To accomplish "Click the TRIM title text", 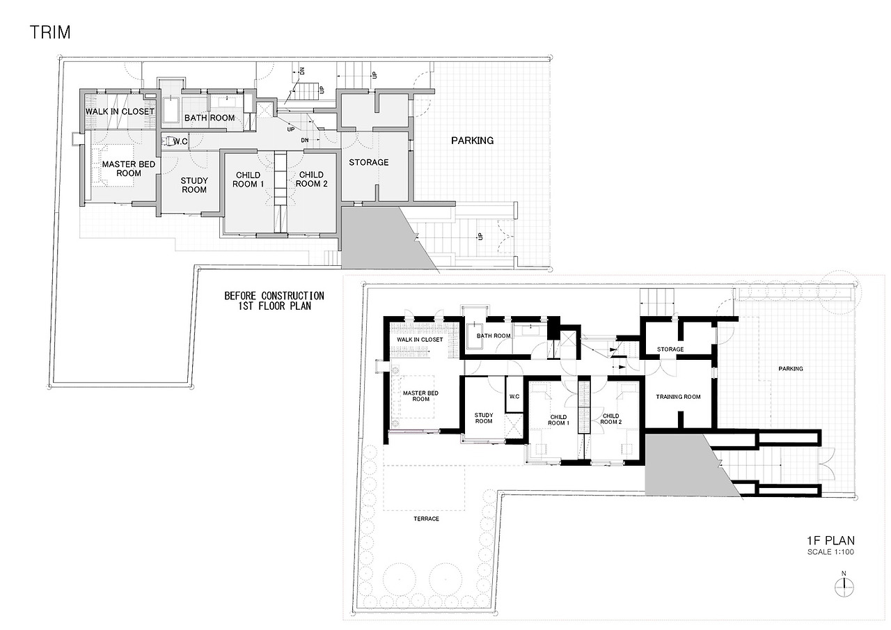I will coord(50,32).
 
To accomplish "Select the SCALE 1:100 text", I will coord(830,551).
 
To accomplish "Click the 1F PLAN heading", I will coord(830,540).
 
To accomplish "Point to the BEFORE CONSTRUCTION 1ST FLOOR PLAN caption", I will coord(274,300).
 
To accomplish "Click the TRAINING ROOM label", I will coord(678,397).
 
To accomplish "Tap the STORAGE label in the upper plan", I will coord(369,162).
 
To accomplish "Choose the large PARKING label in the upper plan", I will coord(472,141).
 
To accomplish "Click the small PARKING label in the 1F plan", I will coord(790,369).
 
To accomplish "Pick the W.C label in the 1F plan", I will coord(514,397).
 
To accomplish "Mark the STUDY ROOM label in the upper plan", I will coord(194,185).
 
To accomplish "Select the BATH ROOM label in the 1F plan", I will coord(493,336).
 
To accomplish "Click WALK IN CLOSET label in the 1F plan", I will coord(420,340).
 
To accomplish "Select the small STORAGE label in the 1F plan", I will coord(670,349).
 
